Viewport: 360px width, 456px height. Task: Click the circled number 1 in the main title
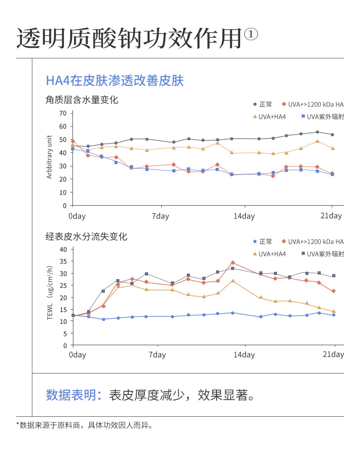coord(251,35)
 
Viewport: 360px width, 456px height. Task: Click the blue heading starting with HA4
coord(114,81)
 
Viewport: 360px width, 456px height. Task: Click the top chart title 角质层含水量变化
coord(82,99)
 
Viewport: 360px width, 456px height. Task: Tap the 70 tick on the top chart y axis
coord(63,113)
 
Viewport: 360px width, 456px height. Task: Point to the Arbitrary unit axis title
coord(50,157)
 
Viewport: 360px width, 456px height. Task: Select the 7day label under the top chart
coord(160,216)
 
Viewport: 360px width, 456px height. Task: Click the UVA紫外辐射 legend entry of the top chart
coord(323,117)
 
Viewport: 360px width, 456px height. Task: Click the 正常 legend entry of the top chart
coord(263,104)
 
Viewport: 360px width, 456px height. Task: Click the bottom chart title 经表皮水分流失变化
coord(86,237)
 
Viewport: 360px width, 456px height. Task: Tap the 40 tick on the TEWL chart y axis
coord(63,249)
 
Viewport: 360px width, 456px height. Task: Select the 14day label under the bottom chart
coord(244,355)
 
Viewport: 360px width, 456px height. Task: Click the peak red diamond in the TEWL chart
coord(232,263)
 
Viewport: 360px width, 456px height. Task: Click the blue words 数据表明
coord(73,395)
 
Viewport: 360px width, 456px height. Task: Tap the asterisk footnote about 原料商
coord(84,425)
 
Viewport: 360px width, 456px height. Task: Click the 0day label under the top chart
coord(77,216)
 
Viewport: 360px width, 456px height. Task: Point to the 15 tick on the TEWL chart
coord(63,309)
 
